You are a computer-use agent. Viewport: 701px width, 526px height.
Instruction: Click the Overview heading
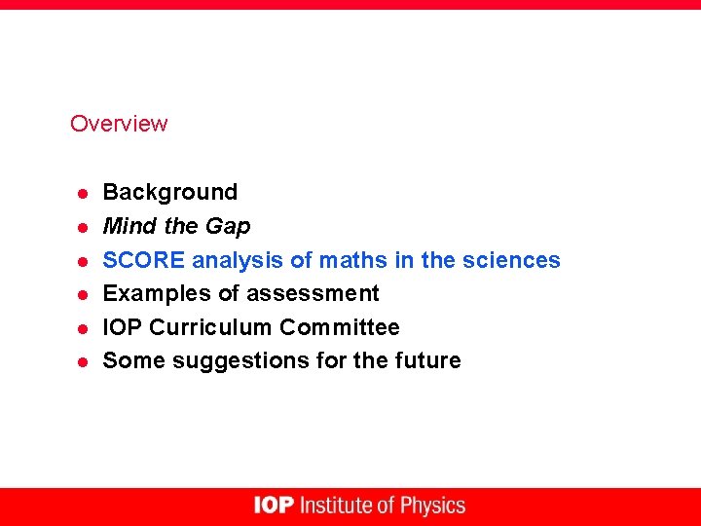coord(119,124)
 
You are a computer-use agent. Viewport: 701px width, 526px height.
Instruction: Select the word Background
coord(169,192)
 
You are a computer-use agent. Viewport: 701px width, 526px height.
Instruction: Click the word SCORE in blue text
coord(144,260)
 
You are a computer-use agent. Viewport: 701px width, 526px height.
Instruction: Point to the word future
coord(427,360)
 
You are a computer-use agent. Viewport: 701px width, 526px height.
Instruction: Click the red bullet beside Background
coord(84,193)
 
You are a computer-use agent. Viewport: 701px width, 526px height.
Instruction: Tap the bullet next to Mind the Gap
coord(84,227)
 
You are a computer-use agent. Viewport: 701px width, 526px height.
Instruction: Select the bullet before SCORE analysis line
coord(84,261)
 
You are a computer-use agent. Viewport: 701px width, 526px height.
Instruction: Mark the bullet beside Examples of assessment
coord(84,294)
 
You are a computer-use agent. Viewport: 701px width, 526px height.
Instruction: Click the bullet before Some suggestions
coord(84,361)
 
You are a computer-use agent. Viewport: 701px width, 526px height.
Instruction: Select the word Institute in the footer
coord(336,506)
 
